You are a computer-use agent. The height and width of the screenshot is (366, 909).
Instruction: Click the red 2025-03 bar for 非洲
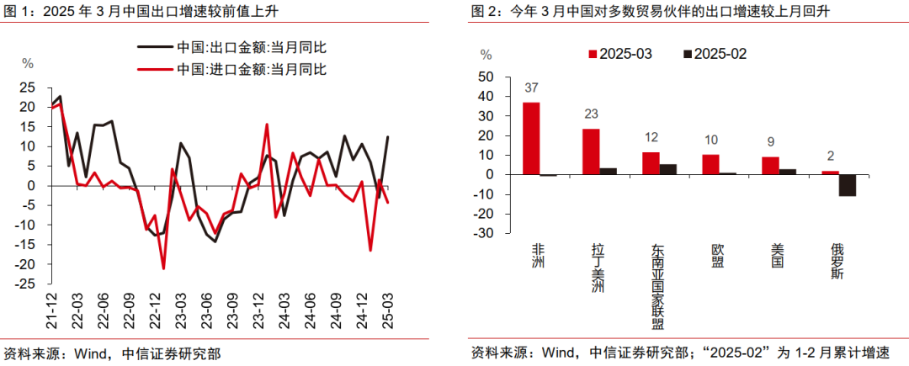[531, 138]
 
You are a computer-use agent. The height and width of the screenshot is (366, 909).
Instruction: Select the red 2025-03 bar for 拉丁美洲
[591, 151]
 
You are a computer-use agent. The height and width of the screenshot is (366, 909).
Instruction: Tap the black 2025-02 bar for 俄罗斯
[848, 184]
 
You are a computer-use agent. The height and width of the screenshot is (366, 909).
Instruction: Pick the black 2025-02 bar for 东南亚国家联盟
[668, 169]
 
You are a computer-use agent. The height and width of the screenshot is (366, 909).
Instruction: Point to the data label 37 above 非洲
[531, 88]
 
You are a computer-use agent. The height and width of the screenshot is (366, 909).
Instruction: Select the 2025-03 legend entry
[619, 53]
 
